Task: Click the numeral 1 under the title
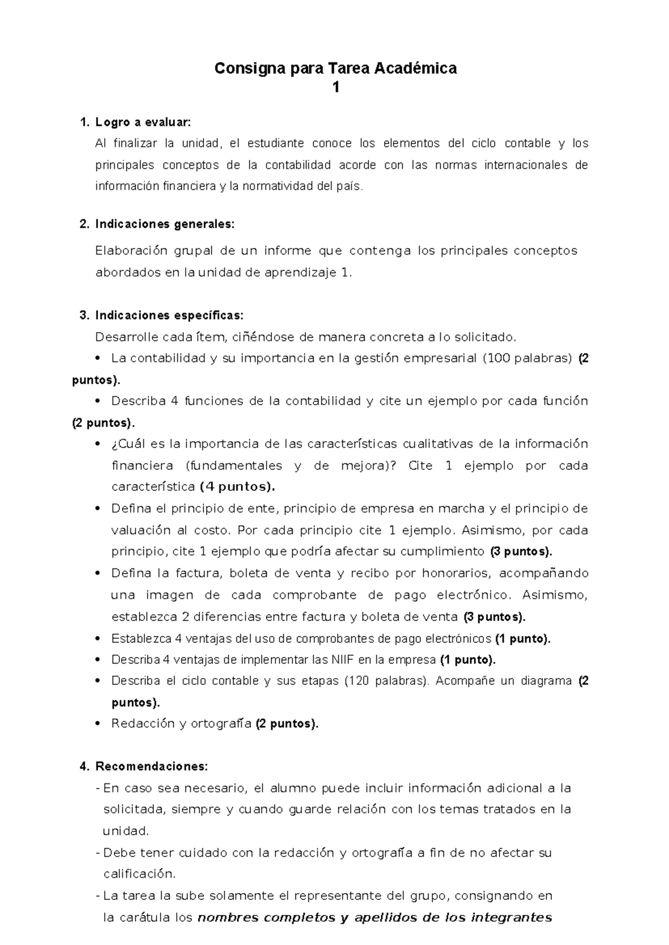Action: pos(336,88)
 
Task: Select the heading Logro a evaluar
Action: pos(143,122)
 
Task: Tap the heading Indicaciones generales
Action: pos(165,224)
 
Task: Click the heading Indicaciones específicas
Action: pos(169,315)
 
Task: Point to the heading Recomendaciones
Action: pos(152,766)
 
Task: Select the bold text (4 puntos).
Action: pos(237,486)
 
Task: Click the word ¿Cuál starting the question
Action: pos(129,444)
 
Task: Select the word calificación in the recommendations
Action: pos(139,874)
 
